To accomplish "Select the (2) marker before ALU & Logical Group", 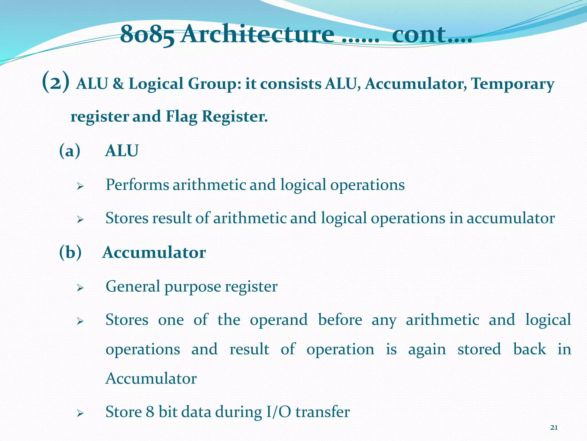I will click(x=56, y=82).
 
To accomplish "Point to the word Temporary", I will click(x=512, y=84).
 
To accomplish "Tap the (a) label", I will click(x=70, y=151).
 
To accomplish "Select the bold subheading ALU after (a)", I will click(x=122, y=151).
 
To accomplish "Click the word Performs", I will click(x=137, y=185).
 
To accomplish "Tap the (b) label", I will click(x=70, y=253).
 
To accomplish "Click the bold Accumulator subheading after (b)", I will click(x=154, y=253).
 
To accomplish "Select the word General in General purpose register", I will click(x=133, y=287).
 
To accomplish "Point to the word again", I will click(x=427, y=350).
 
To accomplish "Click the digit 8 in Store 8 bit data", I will click(x=150, y=412).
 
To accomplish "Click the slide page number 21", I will click(x=554, y=428).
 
